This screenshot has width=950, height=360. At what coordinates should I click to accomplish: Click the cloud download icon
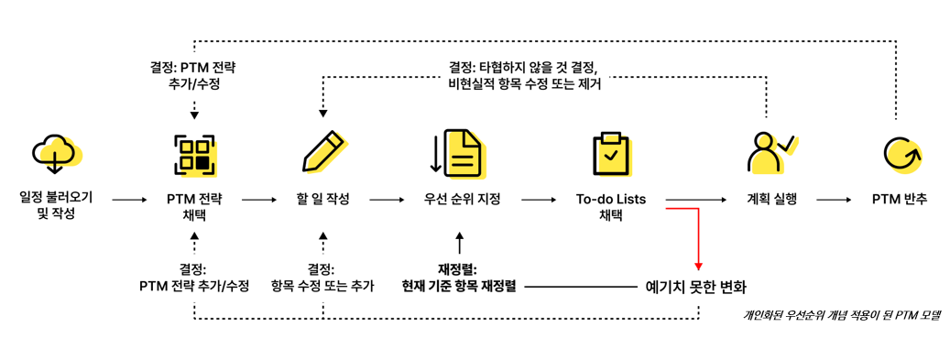coord(56,153)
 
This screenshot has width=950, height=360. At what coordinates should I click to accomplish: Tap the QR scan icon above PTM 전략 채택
coord(194,153)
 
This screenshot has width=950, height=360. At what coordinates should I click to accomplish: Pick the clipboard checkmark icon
coord(610,153)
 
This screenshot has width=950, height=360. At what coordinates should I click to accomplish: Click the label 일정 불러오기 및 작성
coord(56,206)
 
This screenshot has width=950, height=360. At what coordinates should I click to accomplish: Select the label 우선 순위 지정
coord(462,199)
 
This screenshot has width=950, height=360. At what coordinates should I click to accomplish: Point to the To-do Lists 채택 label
coord(611,206)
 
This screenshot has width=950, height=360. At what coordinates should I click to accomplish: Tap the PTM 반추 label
coord(899,199)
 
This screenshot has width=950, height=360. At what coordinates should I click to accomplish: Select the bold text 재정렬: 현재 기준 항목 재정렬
coord(459,278)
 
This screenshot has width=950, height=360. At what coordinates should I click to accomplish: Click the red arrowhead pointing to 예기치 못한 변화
coord(698,267)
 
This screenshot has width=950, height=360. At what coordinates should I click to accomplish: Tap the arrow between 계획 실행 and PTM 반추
coord(835,199)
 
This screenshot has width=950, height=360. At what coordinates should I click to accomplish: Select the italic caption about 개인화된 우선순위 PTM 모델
coord(841,315)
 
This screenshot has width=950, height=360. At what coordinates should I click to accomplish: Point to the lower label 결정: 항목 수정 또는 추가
coord(322,278)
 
